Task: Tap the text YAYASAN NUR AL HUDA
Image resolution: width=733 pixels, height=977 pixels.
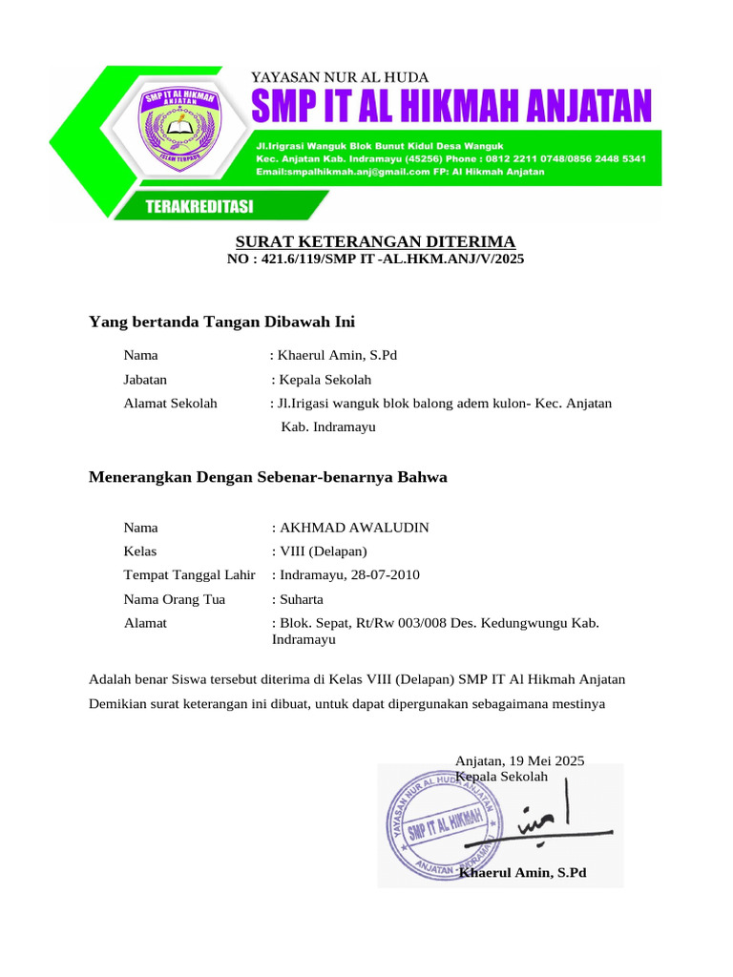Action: (339, 77)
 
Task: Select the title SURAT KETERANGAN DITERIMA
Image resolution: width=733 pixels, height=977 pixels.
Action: (375, 241)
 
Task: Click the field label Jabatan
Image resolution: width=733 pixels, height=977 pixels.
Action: (145, 380)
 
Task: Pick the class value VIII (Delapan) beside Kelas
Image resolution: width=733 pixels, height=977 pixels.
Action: (323, 551)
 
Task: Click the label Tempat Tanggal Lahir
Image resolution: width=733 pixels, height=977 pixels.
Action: (189, 575)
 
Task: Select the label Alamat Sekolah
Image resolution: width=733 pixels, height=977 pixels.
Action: (171, 404)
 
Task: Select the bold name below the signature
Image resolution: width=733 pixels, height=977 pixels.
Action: (522, 873)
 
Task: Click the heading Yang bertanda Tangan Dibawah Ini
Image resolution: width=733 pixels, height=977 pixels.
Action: (221, 321)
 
